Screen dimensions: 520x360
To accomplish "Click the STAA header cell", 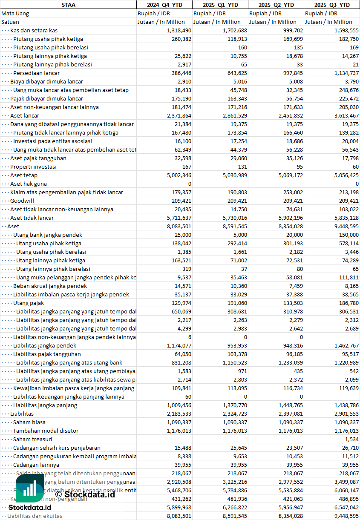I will (x=68, y=5).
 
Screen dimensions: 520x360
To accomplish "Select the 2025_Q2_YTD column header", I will (x=276, y=5).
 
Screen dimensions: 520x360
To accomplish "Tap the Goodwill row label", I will (x=22, y=201).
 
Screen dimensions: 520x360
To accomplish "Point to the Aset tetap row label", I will (x=24, y=175).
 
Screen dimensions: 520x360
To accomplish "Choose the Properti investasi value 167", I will (x=187, y=167).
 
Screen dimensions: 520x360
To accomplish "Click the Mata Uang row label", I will (x=15, y=13).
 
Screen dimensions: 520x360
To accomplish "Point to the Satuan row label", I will (x=10, y=22).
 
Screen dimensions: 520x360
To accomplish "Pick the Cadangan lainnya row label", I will (x=36, y=465).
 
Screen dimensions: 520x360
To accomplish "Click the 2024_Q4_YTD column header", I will (x=164, y=5).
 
